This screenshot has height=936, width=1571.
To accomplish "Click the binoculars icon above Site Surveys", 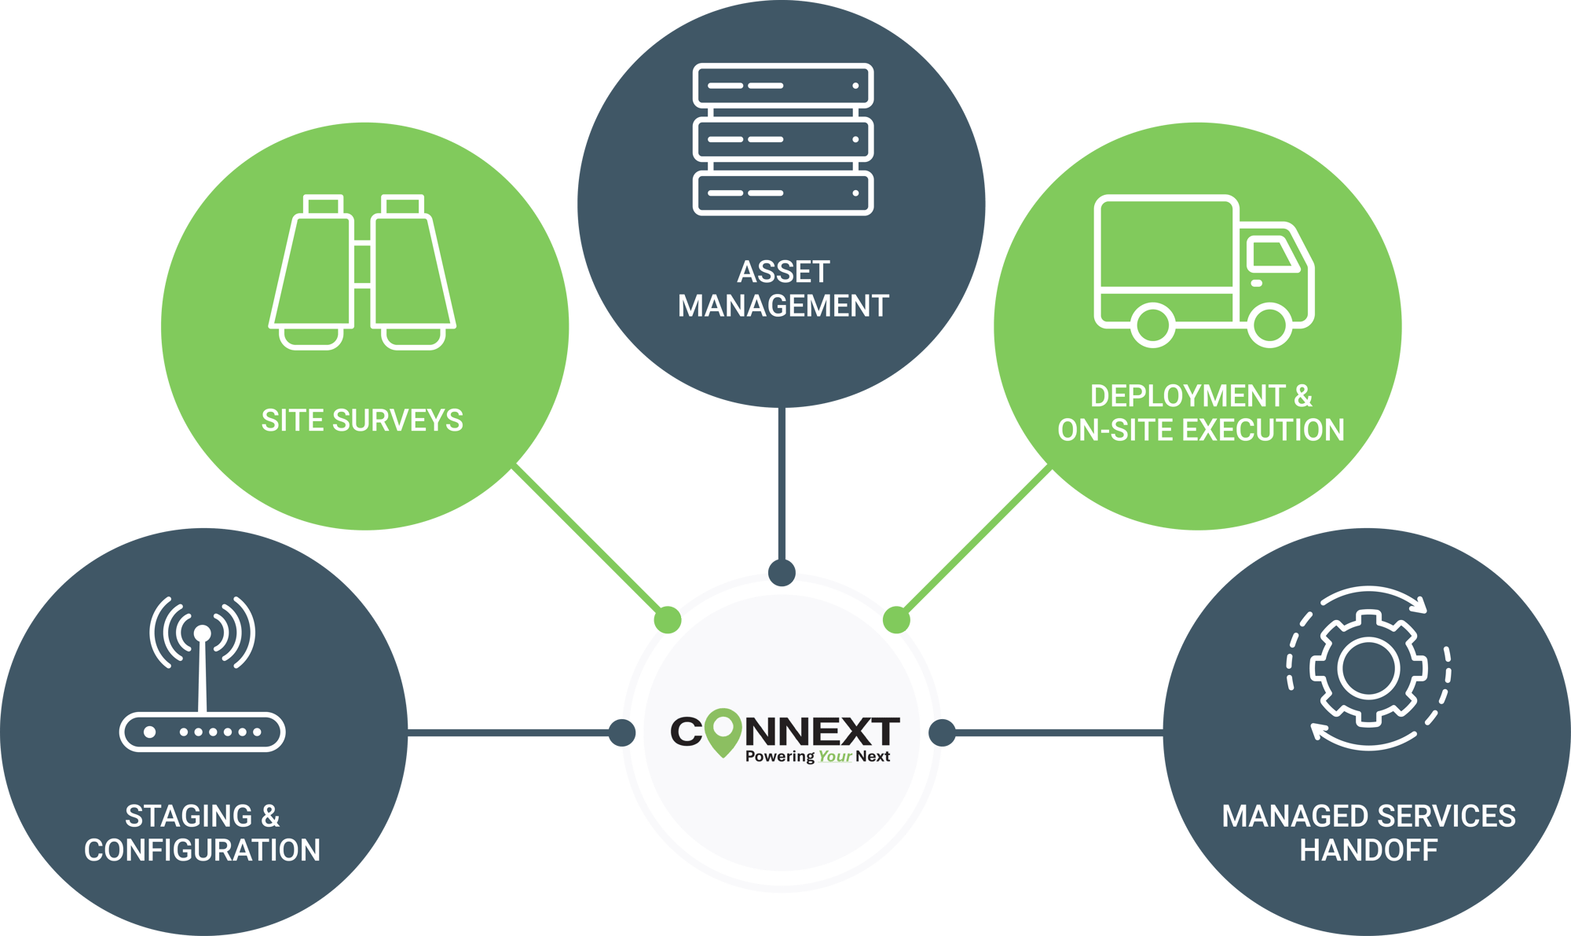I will (362, 271).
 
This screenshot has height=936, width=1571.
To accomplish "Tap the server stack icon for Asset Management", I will (782, 139).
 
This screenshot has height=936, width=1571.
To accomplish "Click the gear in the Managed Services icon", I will (1368, 668).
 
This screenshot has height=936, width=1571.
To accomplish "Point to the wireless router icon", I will (202, 676).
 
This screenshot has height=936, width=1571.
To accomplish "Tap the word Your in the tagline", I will (834, 757).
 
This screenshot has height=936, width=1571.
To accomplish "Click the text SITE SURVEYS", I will (362, 420).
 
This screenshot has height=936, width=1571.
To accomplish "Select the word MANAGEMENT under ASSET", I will (783, 306).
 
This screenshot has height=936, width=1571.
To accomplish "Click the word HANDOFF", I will (1368, 850).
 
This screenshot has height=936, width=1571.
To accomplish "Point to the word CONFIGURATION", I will (202, 850).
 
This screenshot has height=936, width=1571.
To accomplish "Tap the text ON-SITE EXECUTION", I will (1200, 431).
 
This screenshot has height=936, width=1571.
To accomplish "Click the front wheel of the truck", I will (1269, 324).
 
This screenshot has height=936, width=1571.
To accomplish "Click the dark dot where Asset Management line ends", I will (782, 572).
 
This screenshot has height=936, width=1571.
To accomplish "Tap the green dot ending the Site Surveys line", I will (668, 619).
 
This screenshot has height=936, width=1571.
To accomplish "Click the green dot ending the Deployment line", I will (896, 619).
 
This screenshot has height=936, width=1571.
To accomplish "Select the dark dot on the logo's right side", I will (942, 732).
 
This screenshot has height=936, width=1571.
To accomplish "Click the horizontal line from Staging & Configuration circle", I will (511, 732).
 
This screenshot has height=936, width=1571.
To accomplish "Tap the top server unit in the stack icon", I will (782, 86).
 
